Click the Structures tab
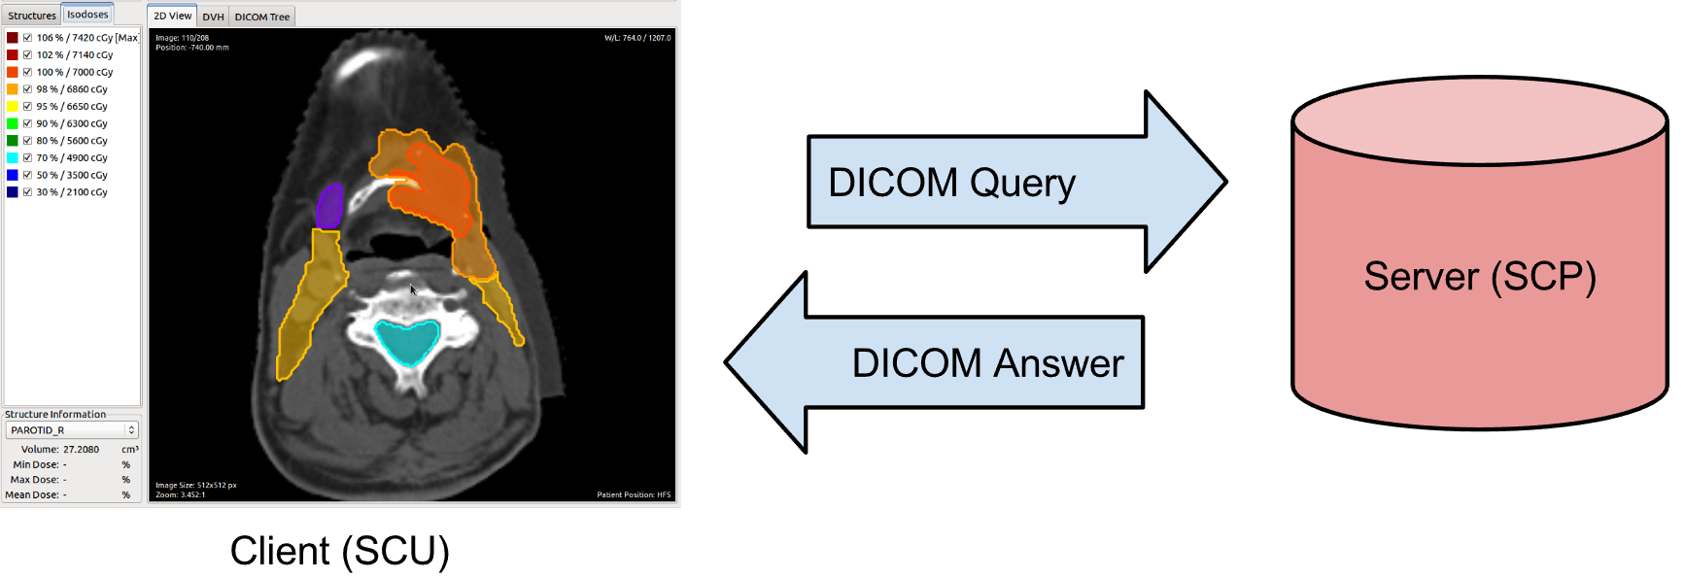coord(32,16)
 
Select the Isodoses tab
coord(87,15)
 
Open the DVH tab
coord(213,17)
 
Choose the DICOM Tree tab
coord(262,17)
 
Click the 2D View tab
coord(173,16)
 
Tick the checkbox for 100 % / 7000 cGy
coord(27,72)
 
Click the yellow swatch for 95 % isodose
coord(13,106)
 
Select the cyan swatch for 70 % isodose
coord(13,157)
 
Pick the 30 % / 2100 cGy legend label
coord(72,192)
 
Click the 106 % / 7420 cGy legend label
coord(86,38)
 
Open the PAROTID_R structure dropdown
coord(73,429)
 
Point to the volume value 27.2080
coord(81,450)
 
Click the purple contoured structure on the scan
coord(329,206)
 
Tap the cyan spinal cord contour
coord(407,341)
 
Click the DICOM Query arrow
coord(1011,182)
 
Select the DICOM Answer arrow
coord(943,362)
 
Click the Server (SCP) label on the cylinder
coord(1479,276)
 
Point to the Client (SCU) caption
coord(339,551)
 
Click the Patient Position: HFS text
coord(634,494)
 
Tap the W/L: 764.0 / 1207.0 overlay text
coord(637,38)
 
